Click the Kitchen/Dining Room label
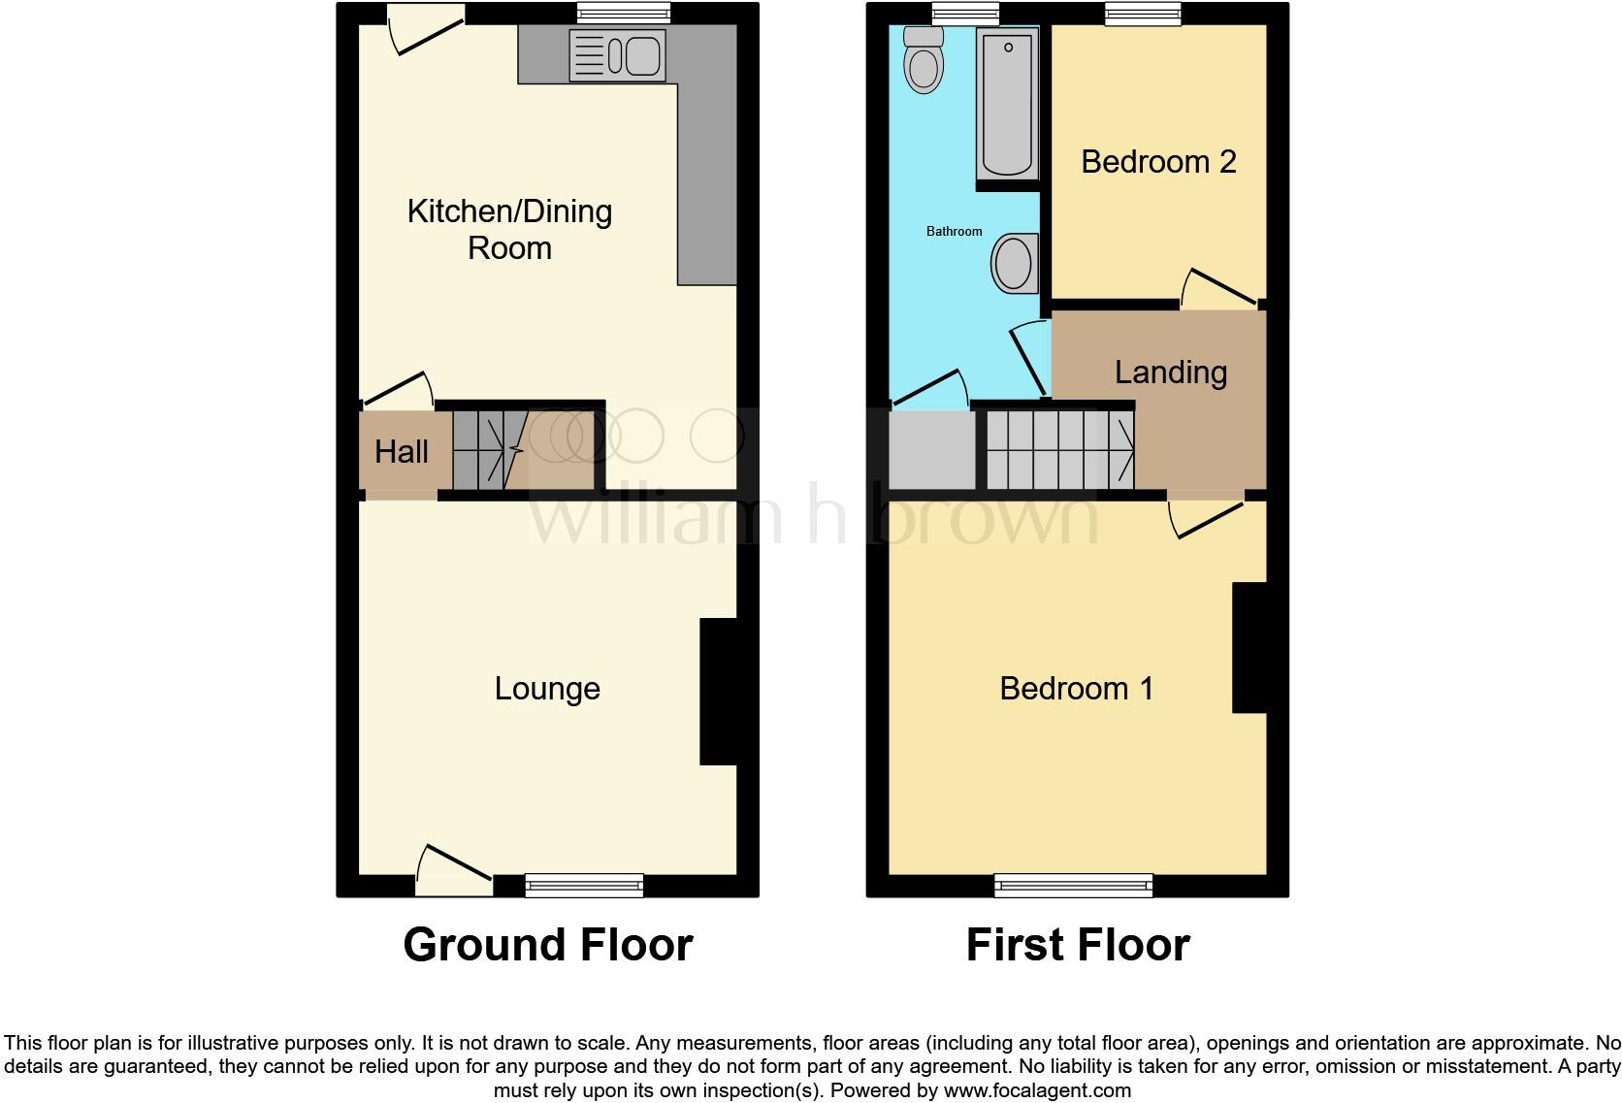click(509, 229)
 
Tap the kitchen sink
click(617, 55)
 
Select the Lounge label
click(547, 688)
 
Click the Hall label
click(402, 451)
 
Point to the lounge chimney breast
click(718, 692)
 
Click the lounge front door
click(453, 868)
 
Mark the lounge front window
click(584, 884)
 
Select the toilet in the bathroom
click(923, 59)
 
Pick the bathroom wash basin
click(1015, 263)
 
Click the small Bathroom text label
click(954, 231)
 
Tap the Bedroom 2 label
click(1158, 161)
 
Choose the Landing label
click(1170, 372)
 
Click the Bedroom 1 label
click(1077, 688)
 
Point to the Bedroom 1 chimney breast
click(1249, 648)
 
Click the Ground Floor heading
click(547, 944)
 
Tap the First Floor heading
click(1077, 944)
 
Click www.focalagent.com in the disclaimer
click(1036, 1090)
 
